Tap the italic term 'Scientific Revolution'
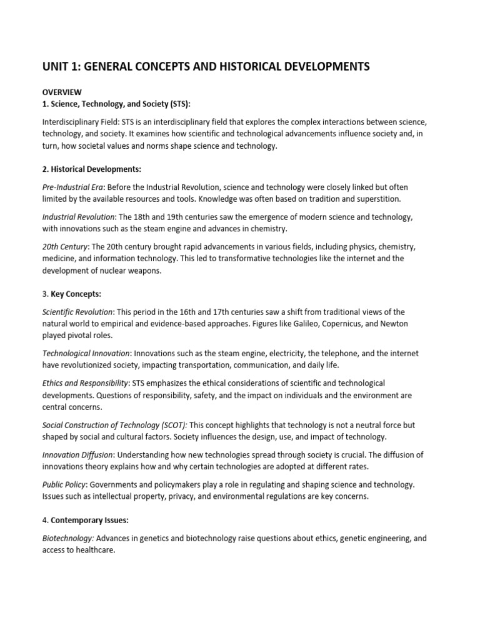77,312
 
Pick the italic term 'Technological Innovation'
86,354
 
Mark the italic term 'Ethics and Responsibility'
85,383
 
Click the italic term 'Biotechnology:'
68,538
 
